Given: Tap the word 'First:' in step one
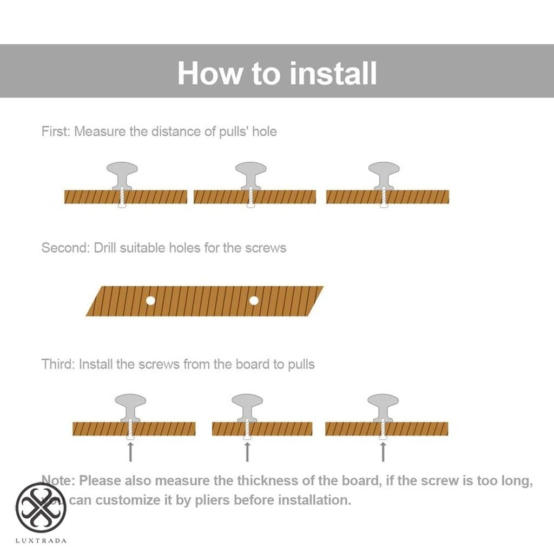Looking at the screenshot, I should point(56,131).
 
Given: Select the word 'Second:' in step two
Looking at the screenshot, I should point(65,248).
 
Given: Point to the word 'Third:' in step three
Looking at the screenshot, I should point(58,364).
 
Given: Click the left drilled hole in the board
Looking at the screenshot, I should point(151,300).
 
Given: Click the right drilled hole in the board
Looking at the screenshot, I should point(254,300).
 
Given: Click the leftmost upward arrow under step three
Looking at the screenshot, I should point(130,451).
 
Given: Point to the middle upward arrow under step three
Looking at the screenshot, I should point(247,451).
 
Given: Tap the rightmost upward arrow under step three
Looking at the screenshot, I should point(383,451).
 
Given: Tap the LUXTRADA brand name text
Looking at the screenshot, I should point(42,540).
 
